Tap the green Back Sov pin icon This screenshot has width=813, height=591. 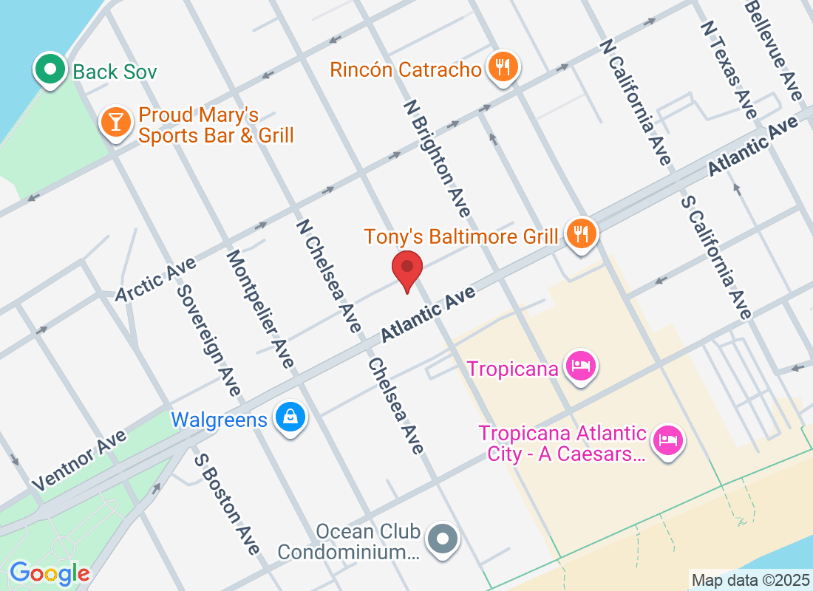click(50, 69)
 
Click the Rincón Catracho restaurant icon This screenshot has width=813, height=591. click(503, 68)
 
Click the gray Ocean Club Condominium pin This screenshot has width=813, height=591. click(443, 538)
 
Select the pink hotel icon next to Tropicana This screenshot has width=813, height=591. click(581, 366)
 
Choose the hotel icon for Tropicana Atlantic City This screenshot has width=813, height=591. click(668, 442)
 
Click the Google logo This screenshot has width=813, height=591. click(50, 573)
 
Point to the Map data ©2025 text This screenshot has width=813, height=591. click(751, 580)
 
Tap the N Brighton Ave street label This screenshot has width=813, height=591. click(437, 160)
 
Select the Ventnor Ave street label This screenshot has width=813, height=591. click(80, 460)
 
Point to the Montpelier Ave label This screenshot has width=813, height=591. click(260, 309)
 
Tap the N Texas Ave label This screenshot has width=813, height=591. click(729, 69)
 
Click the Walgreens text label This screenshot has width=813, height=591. click(219, 420)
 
